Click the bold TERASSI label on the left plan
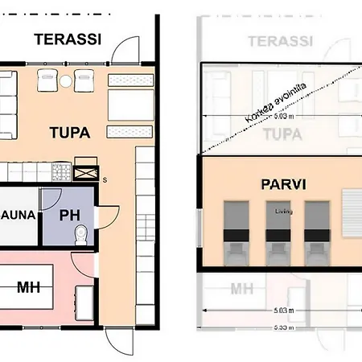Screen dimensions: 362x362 [x=68, y=39]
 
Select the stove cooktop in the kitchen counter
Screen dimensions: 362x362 [x=61, y=171]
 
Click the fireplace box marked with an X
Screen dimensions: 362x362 [x=86, y=171]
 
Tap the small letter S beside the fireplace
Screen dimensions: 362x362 [x=105, y=179]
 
